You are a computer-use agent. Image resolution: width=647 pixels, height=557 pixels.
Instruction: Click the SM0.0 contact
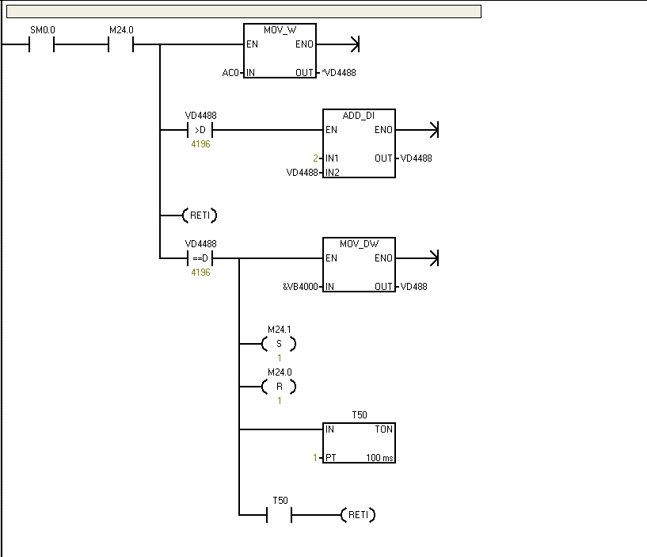tap(41, 44)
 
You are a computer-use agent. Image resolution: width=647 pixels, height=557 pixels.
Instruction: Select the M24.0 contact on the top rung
tap(120, 44)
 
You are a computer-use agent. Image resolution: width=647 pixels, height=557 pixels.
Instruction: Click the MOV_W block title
tap(280, 29)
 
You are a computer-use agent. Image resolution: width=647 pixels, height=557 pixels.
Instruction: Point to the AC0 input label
tap(230, 73)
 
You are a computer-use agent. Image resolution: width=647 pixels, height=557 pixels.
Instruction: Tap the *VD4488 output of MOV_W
tap(338, 73)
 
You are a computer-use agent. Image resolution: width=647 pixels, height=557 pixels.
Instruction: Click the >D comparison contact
tap(200, 130)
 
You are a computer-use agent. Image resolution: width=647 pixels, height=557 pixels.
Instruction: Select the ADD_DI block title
tap(359, 115)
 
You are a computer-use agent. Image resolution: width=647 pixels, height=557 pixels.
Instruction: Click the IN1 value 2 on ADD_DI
tap(315, 158)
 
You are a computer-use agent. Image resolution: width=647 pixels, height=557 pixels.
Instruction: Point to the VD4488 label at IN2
tap(303, 172)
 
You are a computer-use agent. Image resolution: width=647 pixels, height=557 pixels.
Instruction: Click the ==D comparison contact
tap(200, 258)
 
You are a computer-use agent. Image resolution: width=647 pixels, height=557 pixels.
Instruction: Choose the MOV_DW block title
tap(359, 243)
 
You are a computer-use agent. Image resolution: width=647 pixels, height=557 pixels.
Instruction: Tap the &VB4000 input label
tap(301, 286)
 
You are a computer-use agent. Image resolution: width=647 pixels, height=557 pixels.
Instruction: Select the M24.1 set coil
tap(279, 344)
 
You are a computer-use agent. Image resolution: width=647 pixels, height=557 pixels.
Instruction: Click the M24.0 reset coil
tap(279, 387)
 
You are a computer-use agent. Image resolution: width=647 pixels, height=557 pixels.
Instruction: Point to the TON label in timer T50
tap(384, 429)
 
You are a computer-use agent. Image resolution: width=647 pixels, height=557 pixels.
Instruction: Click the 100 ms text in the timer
tap(379, 458)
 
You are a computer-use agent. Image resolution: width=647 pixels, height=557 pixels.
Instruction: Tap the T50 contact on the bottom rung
tap(280, 515)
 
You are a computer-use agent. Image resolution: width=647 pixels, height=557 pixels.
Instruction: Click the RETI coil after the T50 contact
tap(358, 515)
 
